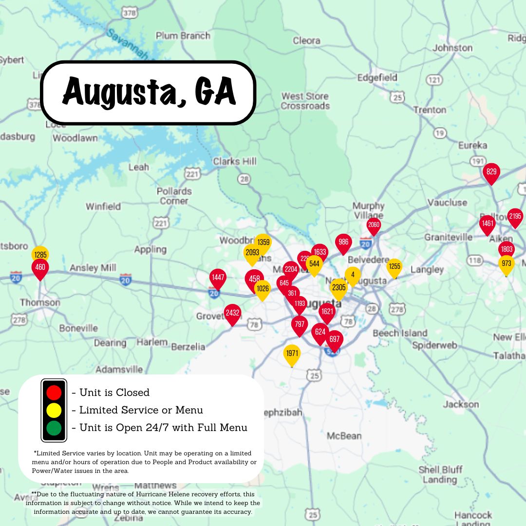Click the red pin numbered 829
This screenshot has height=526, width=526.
coord(491,172)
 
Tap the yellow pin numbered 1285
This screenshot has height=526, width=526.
coord(40,254)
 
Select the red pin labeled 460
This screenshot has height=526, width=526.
coord(40,268)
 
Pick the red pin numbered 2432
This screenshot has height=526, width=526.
coord(232,313)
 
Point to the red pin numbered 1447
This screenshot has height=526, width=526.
coord(218,278)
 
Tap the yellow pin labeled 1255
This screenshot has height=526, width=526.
coord(394,267)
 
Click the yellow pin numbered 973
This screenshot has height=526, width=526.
coord(507,264)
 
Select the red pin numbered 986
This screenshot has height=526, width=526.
coord(343,243)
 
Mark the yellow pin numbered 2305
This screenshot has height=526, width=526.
coord(338,287)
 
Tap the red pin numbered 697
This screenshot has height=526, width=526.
coord(334,339)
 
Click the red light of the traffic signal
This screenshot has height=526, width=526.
coord(54,392)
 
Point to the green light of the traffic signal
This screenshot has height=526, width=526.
coord(54,428)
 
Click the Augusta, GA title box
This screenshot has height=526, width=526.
coord(149,93)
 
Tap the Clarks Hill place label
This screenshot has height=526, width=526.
coord(234,161)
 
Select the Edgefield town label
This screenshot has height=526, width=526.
coord(377,77)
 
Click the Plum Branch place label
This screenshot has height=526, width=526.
coord(183,36)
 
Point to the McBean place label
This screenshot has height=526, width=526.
coord(344,435)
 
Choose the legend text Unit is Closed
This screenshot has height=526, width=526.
coord(114,393)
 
